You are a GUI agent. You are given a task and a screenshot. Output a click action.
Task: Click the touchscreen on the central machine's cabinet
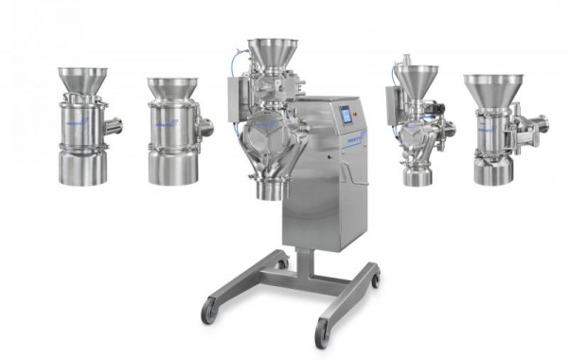click(346, 116)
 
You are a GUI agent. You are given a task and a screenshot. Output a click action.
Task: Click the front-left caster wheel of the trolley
click(209, 312)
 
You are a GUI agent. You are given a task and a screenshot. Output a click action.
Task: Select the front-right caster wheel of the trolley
click(323, 333)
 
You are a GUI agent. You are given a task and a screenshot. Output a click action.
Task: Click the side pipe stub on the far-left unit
click(114, 124)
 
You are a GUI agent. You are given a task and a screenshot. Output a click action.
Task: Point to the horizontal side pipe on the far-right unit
click(535, 122)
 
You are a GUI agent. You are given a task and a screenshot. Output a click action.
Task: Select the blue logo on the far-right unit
click(486, 124)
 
